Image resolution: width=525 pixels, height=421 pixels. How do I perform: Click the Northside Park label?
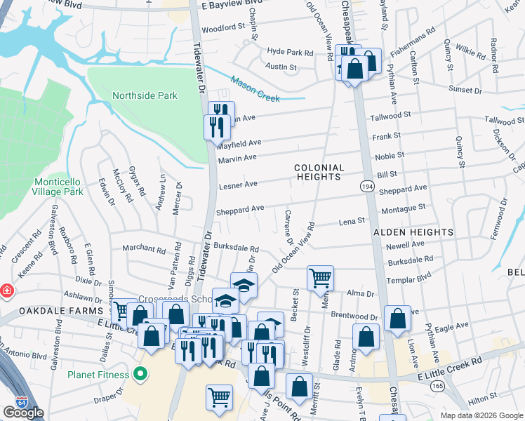[x=145, y=95]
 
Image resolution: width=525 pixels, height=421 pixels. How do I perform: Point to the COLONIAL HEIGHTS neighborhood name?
[x=319, y=173]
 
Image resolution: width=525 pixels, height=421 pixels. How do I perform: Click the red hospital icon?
[x=6, y=290]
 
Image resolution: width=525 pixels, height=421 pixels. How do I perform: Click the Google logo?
[x=23, y=413]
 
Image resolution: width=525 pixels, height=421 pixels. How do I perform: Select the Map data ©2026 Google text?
[x=481, y=415]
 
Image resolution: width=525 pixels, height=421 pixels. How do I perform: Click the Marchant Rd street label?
[x=143, y=248]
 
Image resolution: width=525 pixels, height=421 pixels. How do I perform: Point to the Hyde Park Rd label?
[x=290, y=52]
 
